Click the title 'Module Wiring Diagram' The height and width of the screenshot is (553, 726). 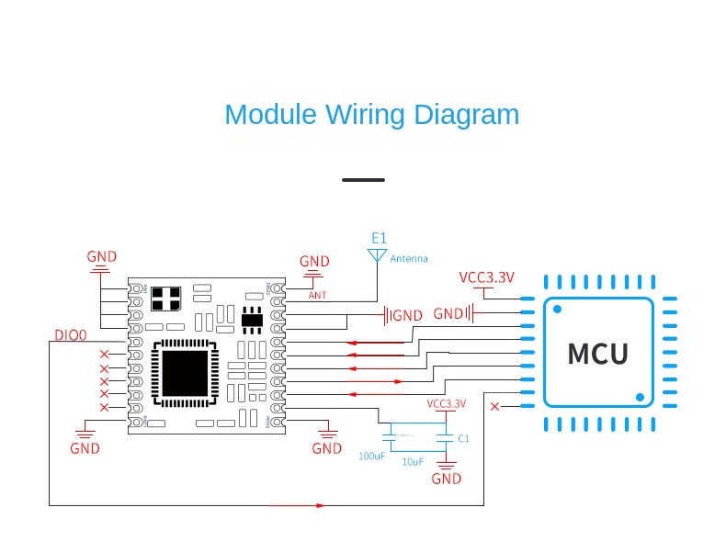[x=371, y=115]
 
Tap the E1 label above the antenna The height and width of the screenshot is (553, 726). [x=379, y=238]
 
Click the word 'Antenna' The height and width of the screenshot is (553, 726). [x=409, y=259]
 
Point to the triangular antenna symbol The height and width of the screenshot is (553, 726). [x=377, y=254]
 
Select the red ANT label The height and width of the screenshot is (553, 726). [x=317, y=296]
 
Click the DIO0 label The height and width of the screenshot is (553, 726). [x=70, y=335]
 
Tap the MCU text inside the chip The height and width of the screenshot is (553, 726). [x=597, y=354]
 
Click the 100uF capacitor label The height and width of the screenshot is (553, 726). [x=372, y=456]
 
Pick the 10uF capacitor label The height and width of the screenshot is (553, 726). [x=413, y=462]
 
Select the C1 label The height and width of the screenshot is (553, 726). [x=464, y=439]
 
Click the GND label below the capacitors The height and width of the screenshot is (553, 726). [x=447, y=479]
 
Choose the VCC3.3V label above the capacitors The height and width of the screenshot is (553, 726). [x=446, y=403]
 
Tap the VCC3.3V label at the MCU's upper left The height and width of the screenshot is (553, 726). [x=486, y=277]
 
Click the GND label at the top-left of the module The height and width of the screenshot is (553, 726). [x=102, y=256]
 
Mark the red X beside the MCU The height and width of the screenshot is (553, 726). [x=495, y=406]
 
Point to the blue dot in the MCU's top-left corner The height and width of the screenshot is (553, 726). [x=556, y=310]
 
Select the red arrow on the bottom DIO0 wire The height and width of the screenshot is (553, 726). [x=320, y=505]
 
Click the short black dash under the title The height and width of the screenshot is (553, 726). [x=363, y=179]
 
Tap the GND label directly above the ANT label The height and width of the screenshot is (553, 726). [x=314, y=262]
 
